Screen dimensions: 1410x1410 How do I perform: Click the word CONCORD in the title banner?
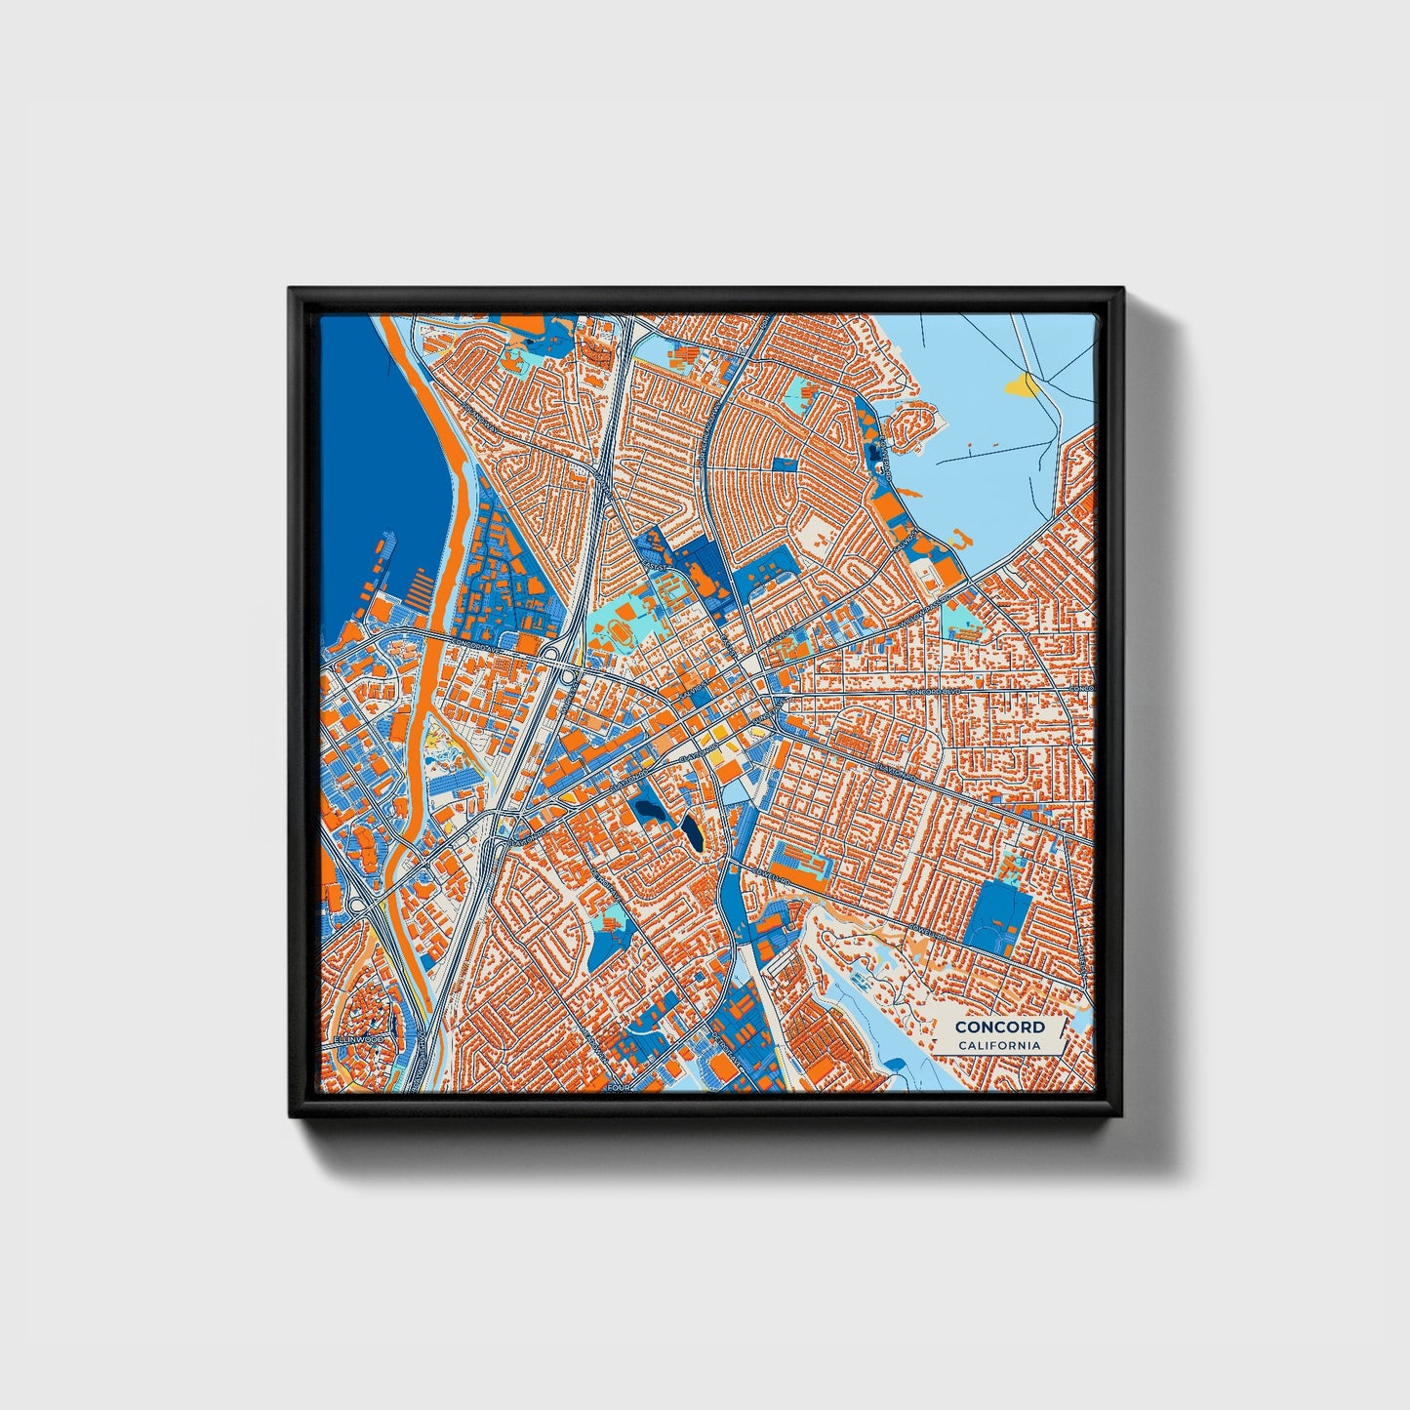(x=999, y=1027)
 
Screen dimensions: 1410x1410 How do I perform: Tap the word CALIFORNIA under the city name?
(x=999, y=1046)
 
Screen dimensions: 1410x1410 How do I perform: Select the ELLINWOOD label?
(x=357, y=1040)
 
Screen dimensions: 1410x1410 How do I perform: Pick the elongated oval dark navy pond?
(x=692, y=832)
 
